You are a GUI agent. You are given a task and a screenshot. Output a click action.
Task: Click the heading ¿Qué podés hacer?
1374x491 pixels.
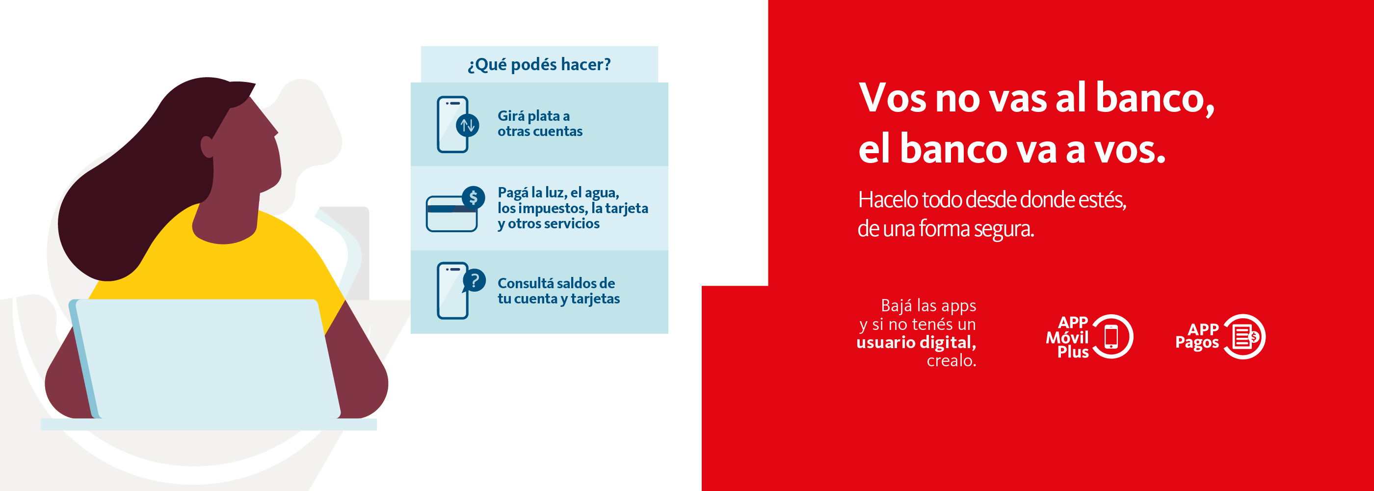[x=539, y=65]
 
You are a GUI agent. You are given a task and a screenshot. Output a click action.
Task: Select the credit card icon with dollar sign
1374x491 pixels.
[x=455, y=209]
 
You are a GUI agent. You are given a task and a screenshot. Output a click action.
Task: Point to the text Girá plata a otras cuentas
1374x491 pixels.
[x=540, y=123]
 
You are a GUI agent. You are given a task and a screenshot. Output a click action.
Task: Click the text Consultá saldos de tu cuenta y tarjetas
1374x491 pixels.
[x=558, y=291]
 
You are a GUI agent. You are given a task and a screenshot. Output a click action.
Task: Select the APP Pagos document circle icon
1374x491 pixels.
[x=1244, y=337]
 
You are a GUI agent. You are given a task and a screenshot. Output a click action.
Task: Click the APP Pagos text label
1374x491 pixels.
[x=1197, y=337]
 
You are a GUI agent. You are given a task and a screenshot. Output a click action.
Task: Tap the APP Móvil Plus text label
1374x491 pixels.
[x=1067, y=337]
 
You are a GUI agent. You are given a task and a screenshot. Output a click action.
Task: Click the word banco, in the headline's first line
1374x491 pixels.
[x=1155, y=98]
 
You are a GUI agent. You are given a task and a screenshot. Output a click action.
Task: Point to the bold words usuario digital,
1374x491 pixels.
[x=916, y=342]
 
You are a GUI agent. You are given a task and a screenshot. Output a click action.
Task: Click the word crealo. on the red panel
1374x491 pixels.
[x=951, y=361]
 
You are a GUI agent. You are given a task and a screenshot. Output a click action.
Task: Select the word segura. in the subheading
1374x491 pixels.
[x=1004, y=229]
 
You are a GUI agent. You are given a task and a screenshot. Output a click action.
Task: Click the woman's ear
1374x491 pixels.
[x=207, y=147]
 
